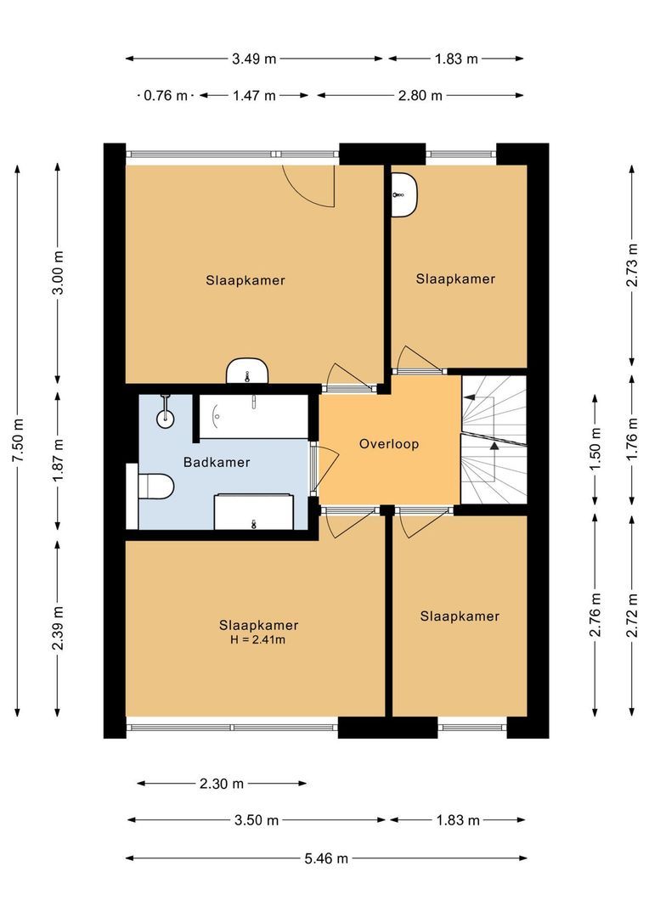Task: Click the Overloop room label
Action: click(388, 443)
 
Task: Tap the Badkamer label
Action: click(217, 463)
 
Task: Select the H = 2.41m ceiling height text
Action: click(258, 639)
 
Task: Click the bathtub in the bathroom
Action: click(252, 416)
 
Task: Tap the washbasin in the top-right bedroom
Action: click(404, 194)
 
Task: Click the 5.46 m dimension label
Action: click(325, 858)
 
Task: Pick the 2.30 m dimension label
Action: click(221, 783)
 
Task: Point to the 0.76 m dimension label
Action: click(165, 95)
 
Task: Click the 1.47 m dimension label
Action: click(254, 95)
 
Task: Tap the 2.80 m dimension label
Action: click(420, 95)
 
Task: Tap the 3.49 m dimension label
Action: click(255, 59)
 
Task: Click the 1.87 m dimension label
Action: click(57, 459)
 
